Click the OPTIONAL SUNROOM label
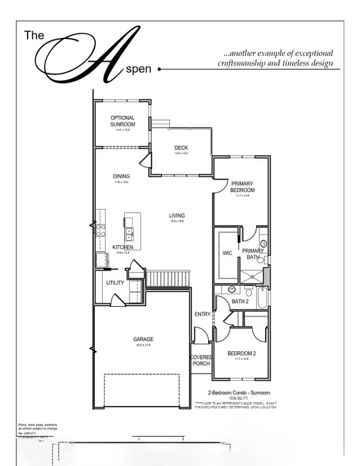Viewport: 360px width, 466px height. (x=122, y=121)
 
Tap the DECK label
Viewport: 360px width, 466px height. (x=181, y=148)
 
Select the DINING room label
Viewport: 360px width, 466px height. (x=122, y=177)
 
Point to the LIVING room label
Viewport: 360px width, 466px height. (x=176, y=216)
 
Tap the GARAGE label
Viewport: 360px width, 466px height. (x=143, y=339)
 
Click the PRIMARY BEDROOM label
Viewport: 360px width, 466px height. (x=243, y=187)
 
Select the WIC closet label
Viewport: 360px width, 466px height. (x=227, y=253)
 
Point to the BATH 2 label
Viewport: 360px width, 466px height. (x=240, y=301)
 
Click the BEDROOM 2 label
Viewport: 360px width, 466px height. (x=242, y=354)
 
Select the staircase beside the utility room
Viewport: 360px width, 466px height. (x=168, y=279)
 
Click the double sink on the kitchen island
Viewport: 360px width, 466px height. (x=129, y=232)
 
